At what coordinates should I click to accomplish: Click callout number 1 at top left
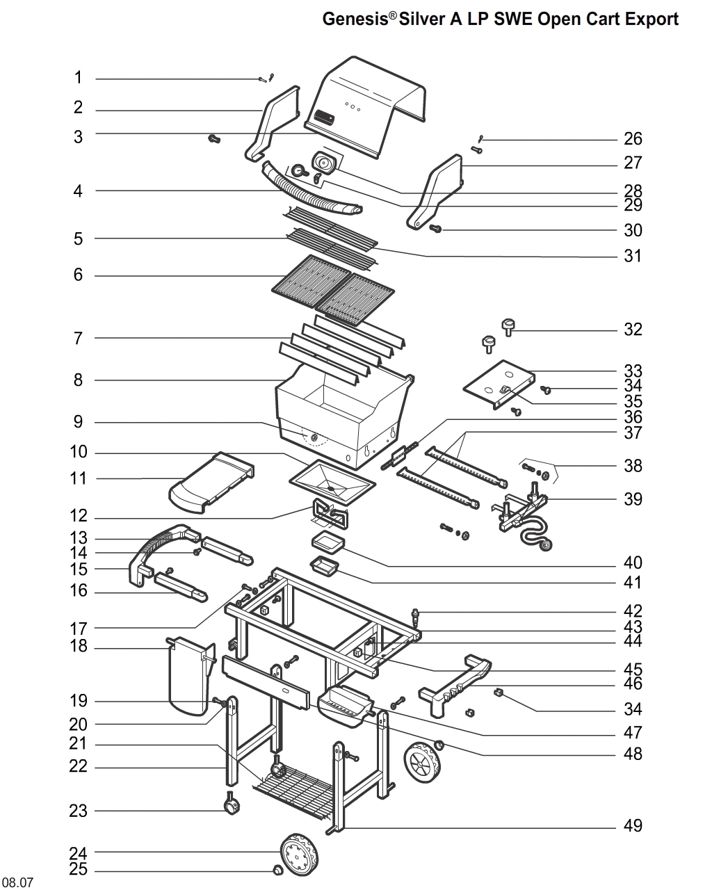[x=79, y=78]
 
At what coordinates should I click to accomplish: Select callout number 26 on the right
[x=633, y=139]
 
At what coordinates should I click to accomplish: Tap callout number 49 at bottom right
[x=633, y=826]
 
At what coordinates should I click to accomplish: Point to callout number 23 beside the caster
[x=79, y=811]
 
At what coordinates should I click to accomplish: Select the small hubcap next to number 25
[x=277, y=871]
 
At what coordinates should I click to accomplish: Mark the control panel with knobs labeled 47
[x=344, y=704]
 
